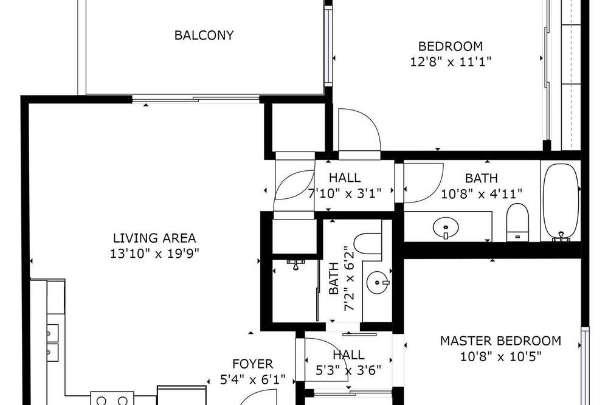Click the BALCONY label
coord(204,35)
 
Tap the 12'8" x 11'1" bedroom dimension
coord(451,61)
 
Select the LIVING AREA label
coord(154,238)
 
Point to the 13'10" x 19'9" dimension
coord(154,254)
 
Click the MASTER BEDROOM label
coord(500,341)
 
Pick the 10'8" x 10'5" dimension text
coord(500,356)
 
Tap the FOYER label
coord(253,364)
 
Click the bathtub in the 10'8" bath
coord(561,202)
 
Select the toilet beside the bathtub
coord(517,222)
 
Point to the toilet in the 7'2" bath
coord(368,243)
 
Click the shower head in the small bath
coord(295,264)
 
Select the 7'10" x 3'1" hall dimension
coord(345,193)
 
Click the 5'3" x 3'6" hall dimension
coord(348,370)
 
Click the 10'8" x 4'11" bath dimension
coord(482,193)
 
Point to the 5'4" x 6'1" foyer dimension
coord(253,379)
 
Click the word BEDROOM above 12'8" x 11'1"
coord(451,46)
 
